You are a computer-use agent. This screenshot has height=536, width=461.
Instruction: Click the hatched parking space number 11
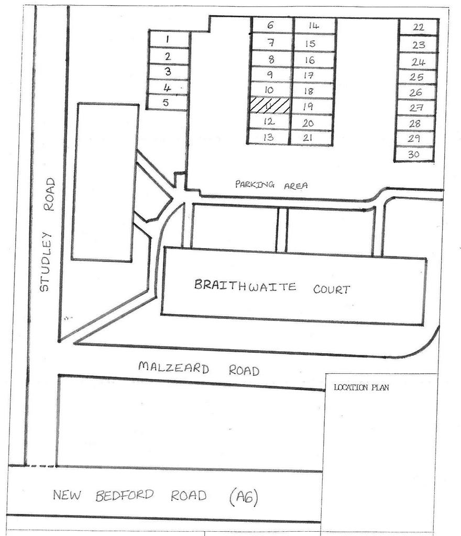(x=269, y=106)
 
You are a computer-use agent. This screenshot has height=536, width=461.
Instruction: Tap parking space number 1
(x=169, y=40)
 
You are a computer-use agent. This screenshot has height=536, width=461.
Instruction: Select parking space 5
(x=167, y=103)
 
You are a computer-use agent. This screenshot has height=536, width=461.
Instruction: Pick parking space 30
(x=414, y=154)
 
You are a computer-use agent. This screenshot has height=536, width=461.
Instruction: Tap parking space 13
(x=268, y=137)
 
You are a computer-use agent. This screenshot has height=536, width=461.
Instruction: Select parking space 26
(x=416, y=93)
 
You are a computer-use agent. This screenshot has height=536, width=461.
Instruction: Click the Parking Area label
(x=271, y=185)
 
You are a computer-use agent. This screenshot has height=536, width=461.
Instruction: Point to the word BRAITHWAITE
(x=245, y=285)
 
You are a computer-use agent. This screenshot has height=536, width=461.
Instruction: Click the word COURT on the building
(x=332, y=289)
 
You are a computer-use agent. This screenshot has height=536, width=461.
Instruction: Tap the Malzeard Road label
(x=199, y=368)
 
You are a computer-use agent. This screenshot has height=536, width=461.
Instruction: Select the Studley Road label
(x=47, y=234)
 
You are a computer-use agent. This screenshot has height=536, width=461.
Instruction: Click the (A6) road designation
(x=244, y=497)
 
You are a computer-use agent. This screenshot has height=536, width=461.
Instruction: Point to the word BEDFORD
(x=125, y=495)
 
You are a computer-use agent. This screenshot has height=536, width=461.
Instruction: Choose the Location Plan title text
(x=361, y=387)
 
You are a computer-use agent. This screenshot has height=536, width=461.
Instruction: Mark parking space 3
(x=168, y=72)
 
